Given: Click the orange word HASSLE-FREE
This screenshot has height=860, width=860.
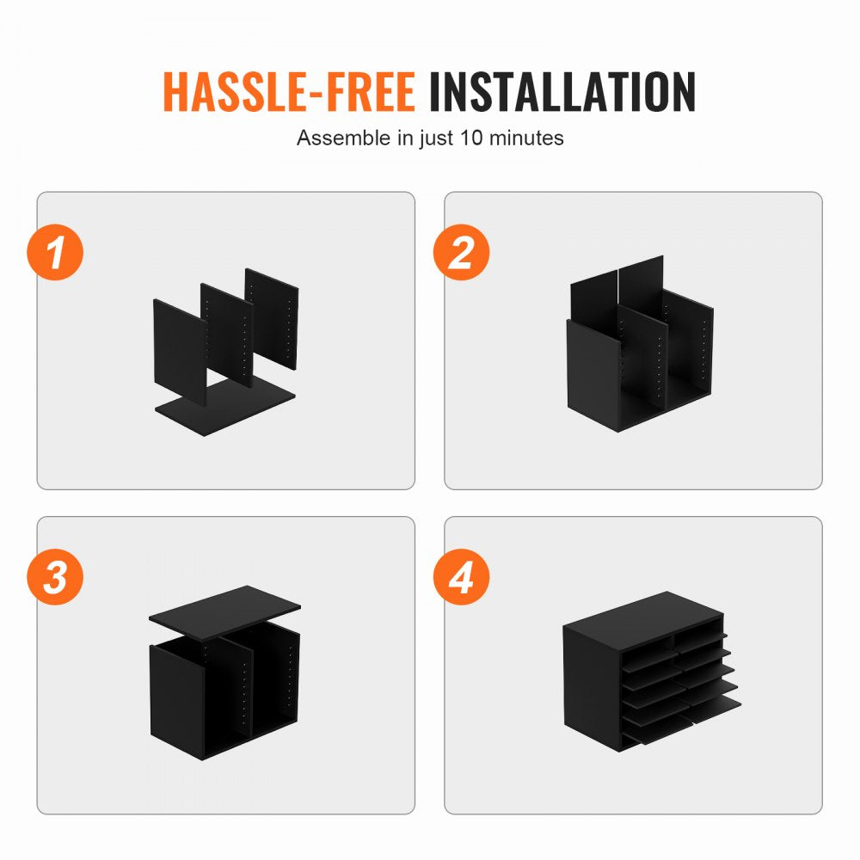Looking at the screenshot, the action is pos(288,92).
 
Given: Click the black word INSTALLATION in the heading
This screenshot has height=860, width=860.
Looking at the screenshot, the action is pos(562,92).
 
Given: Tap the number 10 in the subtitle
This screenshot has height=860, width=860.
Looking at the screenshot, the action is pos(471,138).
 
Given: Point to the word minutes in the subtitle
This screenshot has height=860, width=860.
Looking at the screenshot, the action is pos(526,138).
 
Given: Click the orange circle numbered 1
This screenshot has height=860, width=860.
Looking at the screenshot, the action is pos(55,252).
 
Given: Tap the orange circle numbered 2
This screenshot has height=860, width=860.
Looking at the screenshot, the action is pos(461,252).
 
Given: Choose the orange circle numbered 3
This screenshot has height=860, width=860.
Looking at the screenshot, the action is pos(55,577).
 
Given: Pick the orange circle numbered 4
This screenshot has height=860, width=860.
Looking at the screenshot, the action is pos(461,577).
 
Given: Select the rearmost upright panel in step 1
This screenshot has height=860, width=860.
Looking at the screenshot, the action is pos(272,318).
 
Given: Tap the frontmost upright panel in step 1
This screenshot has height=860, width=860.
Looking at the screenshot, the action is pos(180,352).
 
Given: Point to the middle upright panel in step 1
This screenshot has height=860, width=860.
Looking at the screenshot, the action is pos(226,335).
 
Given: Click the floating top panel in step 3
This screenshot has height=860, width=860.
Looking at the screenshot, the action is pos(224,612).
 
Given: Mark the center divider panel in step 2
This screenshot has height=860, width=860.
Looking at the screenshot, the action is pos(642,357).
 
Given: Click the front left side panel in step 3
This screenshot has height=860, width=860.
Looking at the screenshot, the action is pos(178,702).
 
